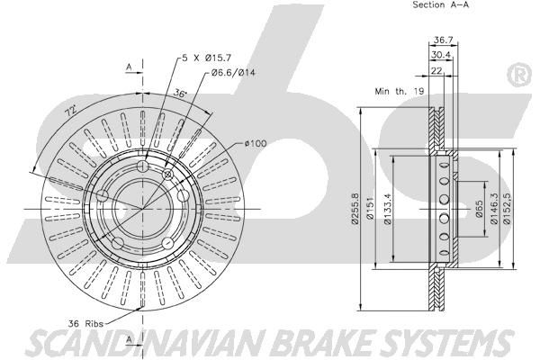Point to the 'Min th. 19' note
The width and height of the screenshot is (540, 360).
(400, 91)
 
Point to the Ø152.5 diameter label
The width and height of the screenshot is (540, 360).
(508, 208)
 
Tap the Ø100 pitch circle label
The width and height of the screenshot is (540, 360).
(256, 143)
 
